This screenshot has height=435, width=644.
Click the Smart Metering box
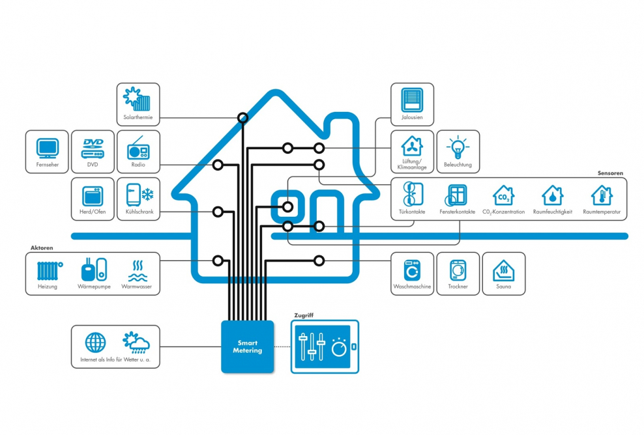[248, 346]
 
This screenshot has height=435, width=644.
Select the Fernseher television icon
[47, 147]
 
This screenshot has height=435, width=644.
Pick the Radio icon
[138, 149]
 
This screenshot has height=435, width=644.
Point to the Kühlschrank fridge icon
[138, 195]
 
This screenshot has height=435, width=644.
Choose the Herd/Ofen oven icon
[92, 195]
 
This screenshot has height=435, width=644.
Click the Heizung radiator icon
[48, 270]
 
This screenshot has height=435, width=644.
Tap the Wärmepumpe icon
[92, 270]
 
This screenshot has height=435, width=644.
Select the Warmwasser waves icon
[138, 270]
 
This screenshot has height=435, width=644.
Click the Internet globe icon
[95, 343]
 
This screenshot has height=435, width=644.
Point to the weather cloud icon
[136, 343]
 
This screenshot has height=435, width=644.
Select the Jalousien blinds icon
[412, 100]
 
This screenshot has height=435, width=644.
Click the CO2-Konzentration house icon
[503, 195]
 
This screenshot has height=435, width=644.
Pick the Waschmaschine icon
[412, 269]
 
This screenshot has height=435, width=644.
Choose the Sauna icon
[503, 270]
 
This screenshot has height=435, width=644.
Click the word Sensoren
[611, 173]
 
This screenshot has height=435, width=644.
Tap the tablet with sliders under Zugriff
[325, 346]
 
